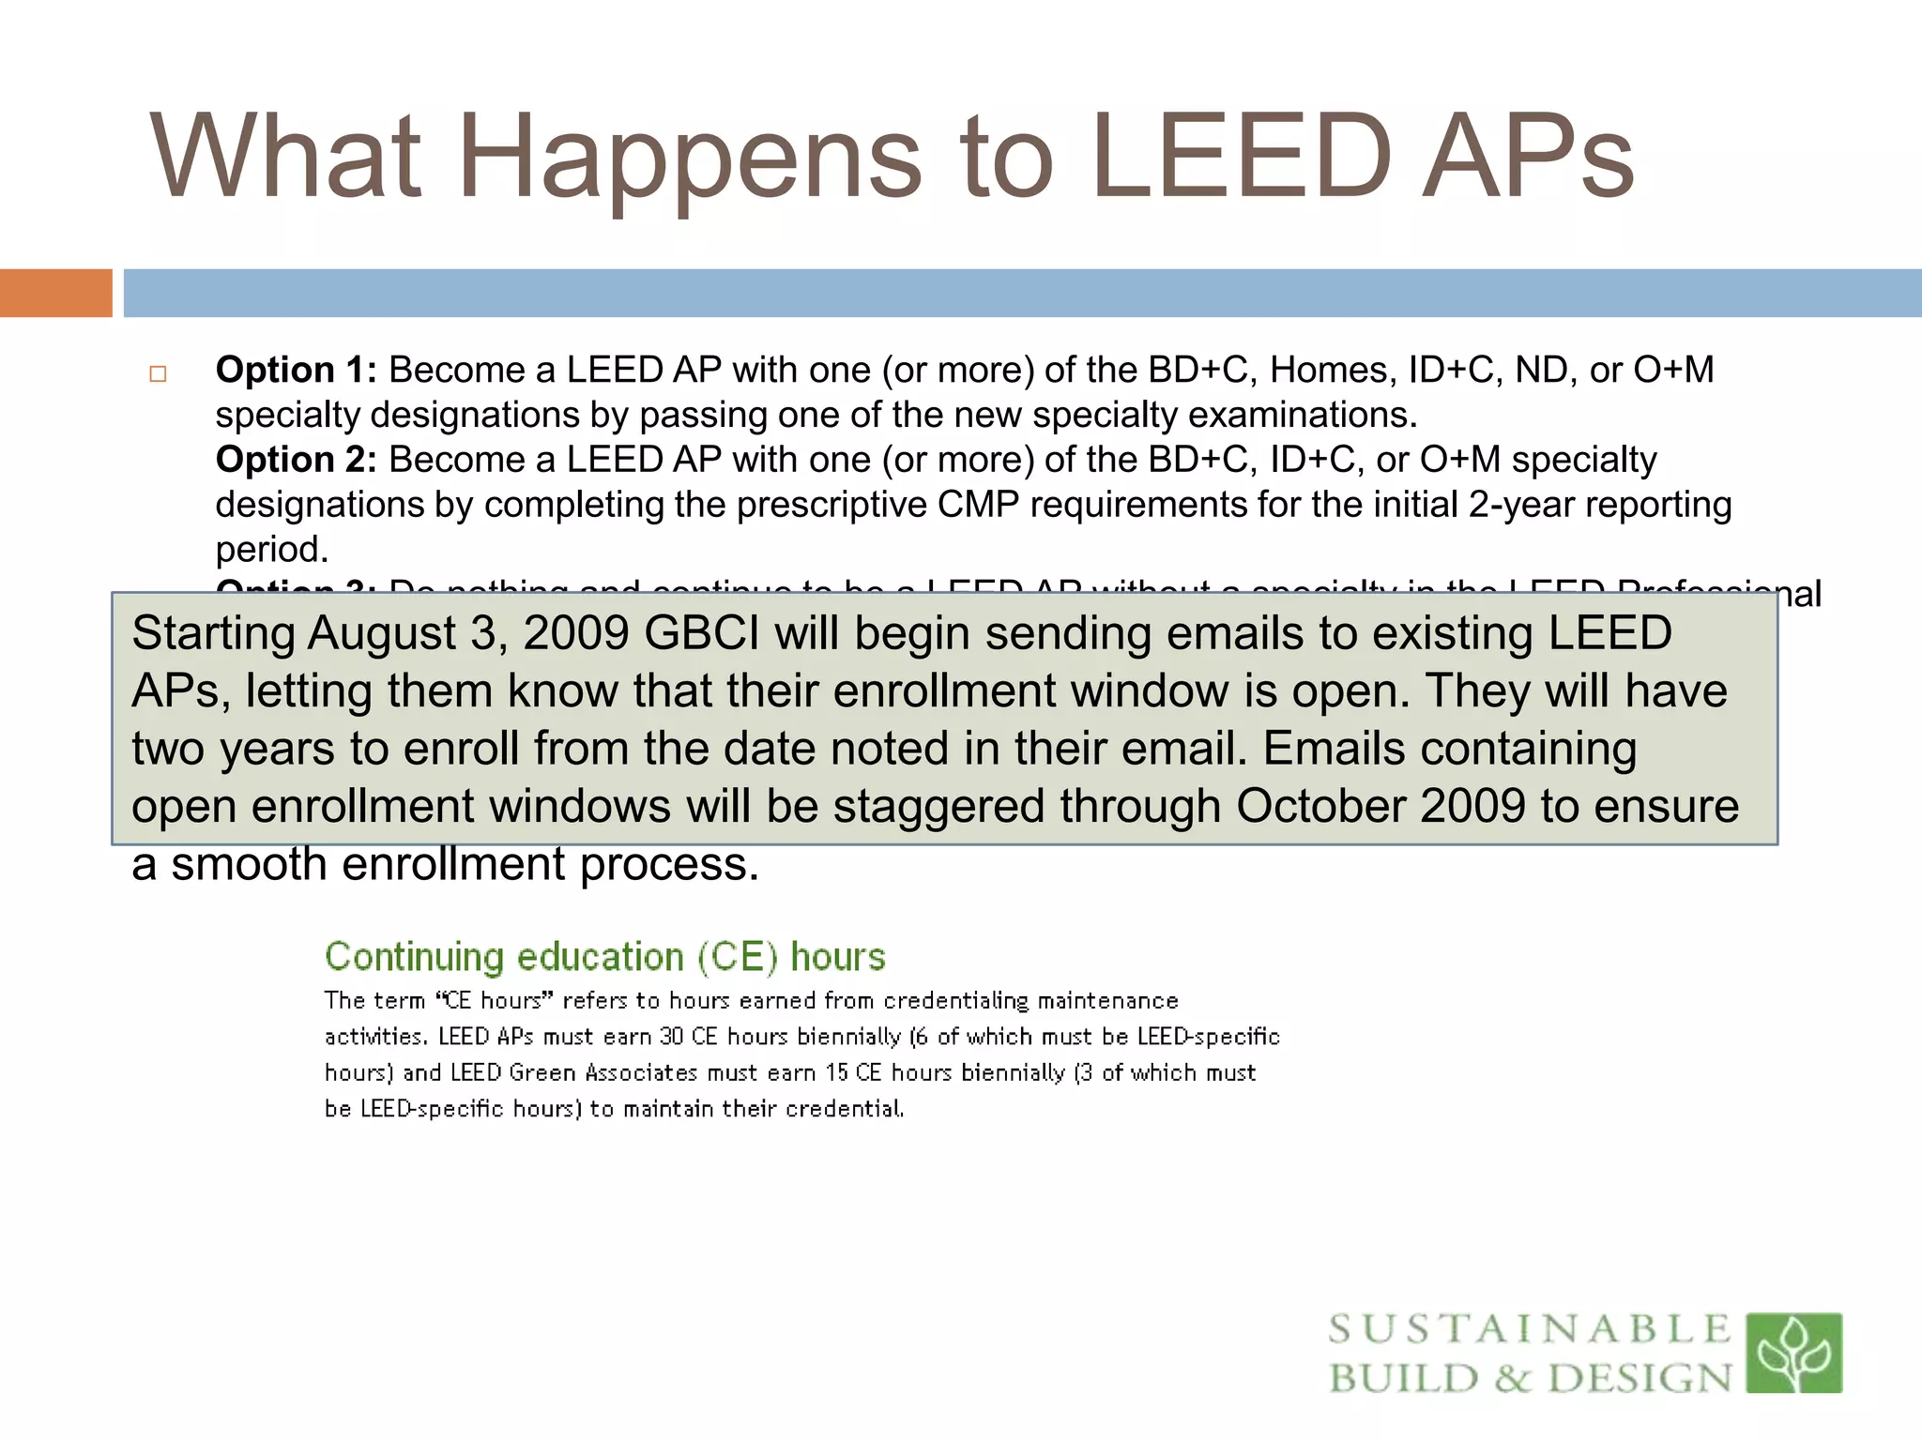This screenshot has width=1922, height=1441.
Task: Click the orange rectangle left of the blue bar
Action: click(x=55, y=293)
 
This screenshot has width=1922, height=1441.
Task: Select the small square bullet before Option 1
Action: click(x=158, y=374)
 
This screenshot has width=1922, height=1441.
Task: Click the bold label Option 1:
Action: click(x=296, y=370)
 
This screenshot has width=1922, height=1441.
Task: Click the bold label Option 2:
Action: click(x=296, y=460)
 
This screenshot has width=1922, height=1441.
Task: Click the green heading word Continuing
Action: click(x=414, y=957)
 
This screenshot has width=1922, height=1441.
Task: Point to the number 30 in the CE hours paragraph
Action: click(x=671, y=1037)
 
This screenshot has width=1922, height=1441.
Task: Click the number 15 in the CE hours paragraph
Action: click(x=836, y=1072)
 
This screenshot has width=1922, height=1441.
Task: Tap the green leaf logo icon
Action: click(x=1793, y=1352)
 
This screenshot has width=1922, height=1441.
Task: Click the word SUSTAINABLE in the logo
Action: click(x=1530, y=1329)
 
